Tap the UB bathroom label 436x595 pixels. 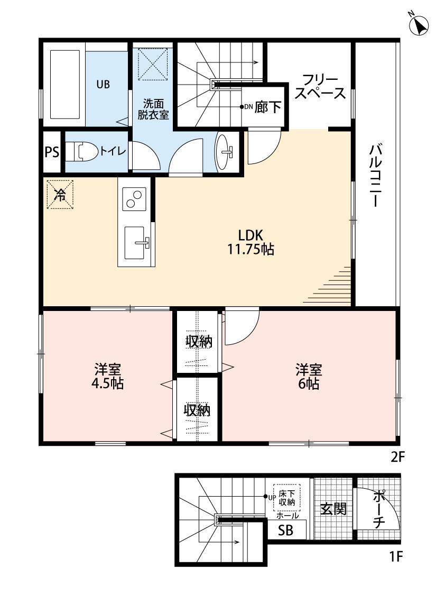pos(103,84)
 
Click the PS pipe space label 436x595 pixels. pos(52,152)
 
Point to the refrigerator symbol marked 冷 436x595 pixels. pos(60,194)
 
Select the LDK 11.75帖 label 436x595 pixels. pos(251,242)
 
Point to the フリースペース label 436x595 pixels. pos(320,87)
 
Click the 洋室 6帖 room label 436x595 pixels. pos(309,377)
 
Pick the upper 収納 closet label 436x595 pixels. pos(198,342)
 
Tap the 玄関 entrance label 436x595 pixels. pos(333,508)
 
